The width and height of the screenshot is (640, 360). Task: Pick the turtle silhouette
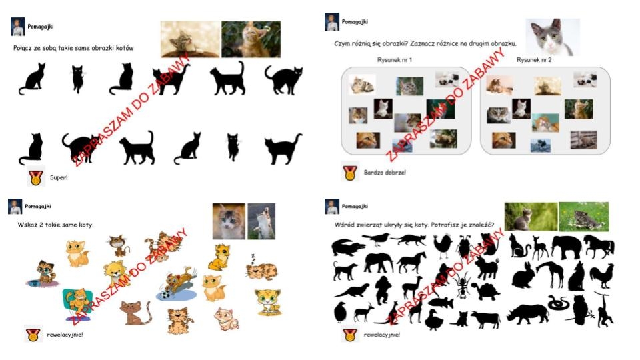pyautogui.click(x=486, y=291)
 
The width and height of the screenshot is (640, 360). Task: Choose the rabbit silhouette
pyautogui.click(x=523, y=275)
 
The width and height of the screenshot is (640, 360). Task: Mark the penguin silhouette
pyautogui.click(x=340, y=313)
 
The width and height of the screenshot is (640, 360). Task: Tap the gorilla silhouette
pyautogui.click(x=383, y=290)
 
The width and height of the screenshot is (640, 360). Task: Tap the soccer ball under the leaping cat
pyautogui.click(x=165, y=294)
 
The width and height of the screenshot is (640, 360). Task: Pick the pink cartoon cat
pyautogui.click(x=227, y=319)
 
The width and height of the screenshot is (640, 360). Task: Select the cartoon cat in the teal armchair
pyautogui.click(x=77, y=303)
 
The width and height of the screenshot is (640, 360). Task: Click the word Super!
pyautogui.click(x=59, y=177)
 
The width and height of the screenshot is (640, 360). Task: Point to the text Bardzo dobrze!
pyautogui.click(x=385, y=173)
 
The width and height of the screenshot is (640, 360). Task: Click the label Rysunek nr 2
pyautogui.click(x=534, y=60)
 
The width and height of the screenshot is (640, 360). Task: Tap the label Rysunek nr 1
pyautogui.click(x=395, y=60)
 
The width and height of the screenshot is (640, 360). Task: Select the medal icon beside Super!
pyautogui.click(x=35, y=177)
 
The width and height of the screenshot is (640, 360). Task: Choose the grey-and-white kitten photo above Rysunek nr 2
pyautogui.click(x=553, y=37)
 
